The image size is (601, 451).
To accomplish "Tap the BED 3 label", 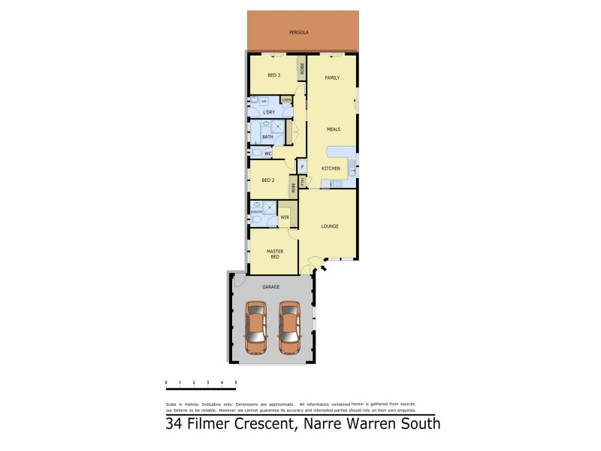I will [x=274, y=75].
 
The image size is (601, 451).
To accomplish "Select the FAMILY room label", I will [x=332, y=78].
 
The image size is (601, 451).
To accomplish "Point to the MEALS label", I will [x=334, y=129].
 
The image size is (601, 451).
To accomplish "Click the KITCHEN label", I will [x=331, y=168].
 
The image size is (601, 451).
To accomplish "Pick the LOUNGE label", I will [x=329, y=225].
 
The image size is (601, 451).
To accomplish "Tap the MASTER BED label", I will [x=274, y=254].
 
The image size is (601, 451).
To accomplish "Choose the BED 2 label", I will [x=269, y=181].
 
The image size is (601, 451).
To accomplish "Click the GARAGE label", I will [x=270, y=287].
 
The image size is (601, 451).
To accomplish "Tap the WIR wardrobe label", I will [x=284, y=218].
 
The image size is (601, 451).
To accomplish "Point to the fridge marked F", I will [x=302, y=167].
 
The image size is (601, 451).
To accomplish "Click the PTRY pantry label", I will [x=302, y=181].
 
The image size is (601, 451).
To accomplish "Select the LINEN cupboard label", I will [x=286, y=99].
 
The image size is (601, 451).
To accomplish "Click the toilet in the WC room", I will [x=257, y=153].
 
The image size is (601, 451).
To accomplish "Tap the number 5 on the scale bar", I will [x=237, y=383].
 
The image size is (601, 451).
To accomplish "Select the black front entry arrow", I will [x=324, y=265].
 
